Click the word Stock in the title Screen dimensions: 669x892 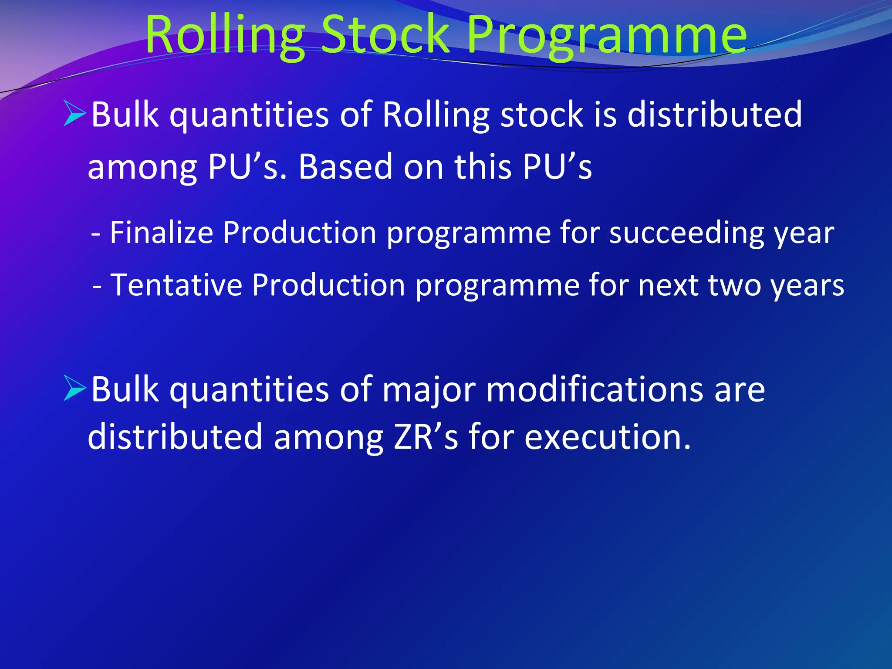point(385,35)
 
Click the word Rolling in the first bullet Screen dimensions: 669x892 point(436,115)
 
